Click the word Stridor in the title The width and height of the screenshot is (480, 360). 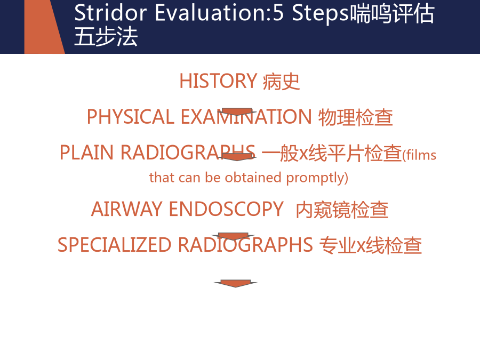tap(110, 13)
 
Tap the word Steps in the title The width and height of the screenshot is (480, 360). tap(320, 14)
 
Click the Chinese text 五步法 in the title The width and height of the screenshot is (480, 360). tap(106, 36)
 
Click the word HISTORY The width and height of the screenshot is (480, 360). tap(218, 81)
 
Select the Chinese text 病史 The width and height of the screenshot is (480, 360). tap(281, 82)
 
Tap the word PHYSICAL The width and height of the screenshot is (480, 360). tap(131, 117)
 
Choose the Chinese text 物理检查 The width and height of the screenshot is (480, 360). tap(355, 117)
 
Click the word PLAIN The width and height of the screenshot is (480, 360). tap(86, 153)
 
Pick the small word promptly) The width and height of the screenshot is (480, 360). tap(317, 178)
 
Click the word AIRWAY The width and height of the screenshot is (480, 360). tap(127, 209)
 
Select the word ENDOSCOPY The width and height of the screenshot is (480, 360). tap(226, 209)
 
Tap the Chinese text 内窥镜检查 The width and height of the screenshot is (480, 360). tap(342, 210)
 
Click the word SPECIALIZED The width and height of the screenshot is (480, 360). tap(114, 245)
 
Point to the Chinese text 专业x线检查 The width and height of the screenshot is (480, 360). tap(371, 245)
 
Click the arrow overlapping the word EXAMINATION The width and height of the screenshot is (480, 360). tap(237, 112)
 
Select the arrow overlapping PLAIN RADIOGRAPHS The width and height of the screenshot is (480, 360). tap(237, 157)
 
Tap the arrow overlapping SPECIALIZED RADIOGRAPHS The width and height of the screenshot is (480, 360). tap(233, 236)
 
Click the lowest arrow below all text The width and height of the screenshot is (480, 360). tap(236, 284)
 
